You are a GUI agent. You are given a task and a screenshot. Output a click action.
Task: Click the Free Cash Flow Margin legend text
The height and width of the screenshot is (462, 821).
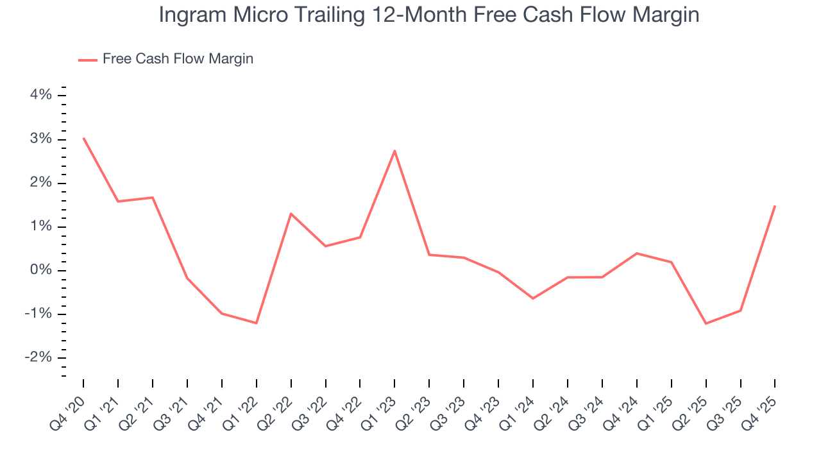[178, 59]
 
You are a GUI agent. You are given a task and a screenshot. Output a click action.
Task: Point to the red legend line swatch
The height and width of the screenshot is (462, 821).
[88, 60]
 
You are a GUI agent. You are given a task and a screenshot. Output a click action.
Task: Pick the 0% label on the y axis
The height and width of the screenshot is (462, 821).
[40, 270]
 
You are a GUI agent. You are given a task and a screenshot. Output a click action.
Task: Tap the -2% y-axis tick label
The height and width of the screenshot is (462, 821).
[37, 357]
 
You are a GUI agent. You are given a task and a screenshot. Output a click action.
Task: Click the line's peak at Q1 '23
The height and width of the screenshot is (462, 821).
[394, 151]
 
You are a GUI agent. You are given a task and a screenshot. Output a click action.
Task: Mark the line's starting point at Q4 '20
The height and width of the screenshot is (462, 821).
[83, 138]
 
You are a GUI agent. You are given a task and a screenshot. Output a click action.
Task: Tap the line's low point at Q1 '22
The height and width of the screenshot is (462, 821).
[257, 323]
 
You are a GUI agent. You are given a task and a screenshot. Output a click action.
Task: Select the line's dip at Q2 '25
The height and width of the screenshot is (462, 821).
[706, 323]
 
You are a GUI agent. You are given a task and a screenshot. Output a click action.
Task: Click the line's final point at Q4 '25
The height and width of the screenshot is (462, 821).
[775, 206]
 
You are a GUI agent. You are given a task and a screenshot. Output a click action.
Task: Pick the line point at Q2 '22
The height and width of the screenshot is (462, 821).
[291, 214]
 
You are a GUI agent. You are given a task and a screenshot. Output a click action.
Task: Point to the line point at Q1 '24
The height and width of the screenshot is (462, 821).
[533, 298]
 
